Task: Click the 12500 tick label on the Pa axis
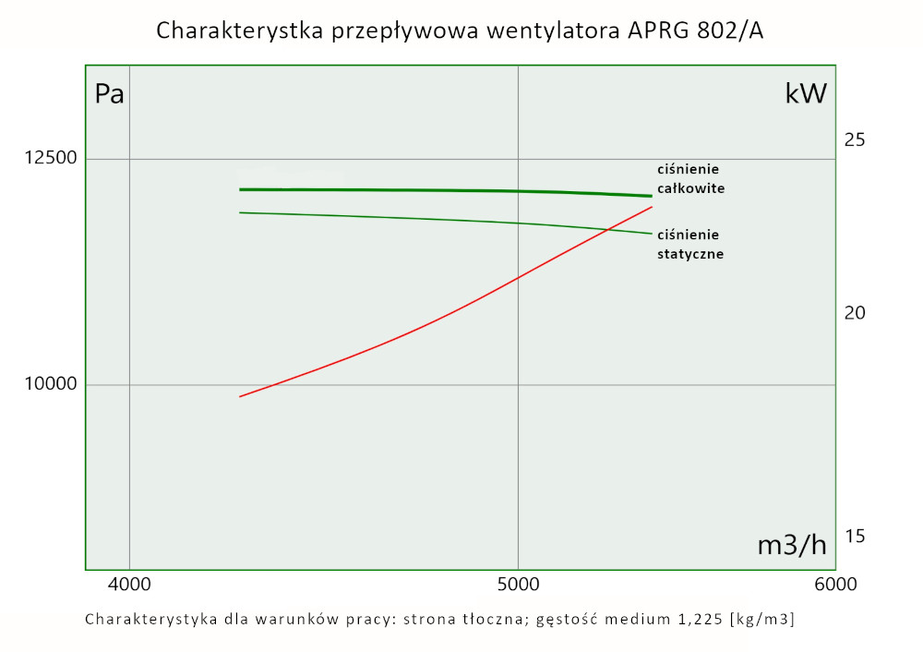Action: [x=49, y=159]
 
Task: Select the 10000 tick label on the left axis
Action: [x=49, y=384]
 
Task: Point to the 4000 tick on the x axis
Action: [x=129, y=584]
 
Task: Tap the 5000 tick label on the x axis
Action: [x=518, y=584]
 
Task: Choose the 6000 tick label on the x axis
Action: [x=833, y=584]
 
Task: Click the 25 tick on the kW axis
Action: [x=855, y=139]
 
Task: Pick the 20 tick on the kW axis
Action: [x=855, y=313]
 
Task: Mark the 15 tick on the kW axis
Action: [x=855, y=537]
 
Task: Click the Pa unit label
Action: [x=110, y=94]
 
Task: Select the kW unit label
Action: [x=806, y=94]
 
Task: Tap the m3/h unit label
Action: [x=792, y=545]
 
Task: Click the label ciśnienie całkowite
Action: [x=689, y=178]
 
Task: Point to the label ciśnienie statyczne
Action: [x=689, y=244]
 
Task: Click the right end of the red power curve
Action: [x=653, y=207]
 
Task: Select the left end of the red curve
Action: [x=240, y=396]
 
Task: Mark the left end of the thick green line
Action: [x=240, y=189]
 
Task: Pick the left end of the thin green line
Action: [x=240, y=212]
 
